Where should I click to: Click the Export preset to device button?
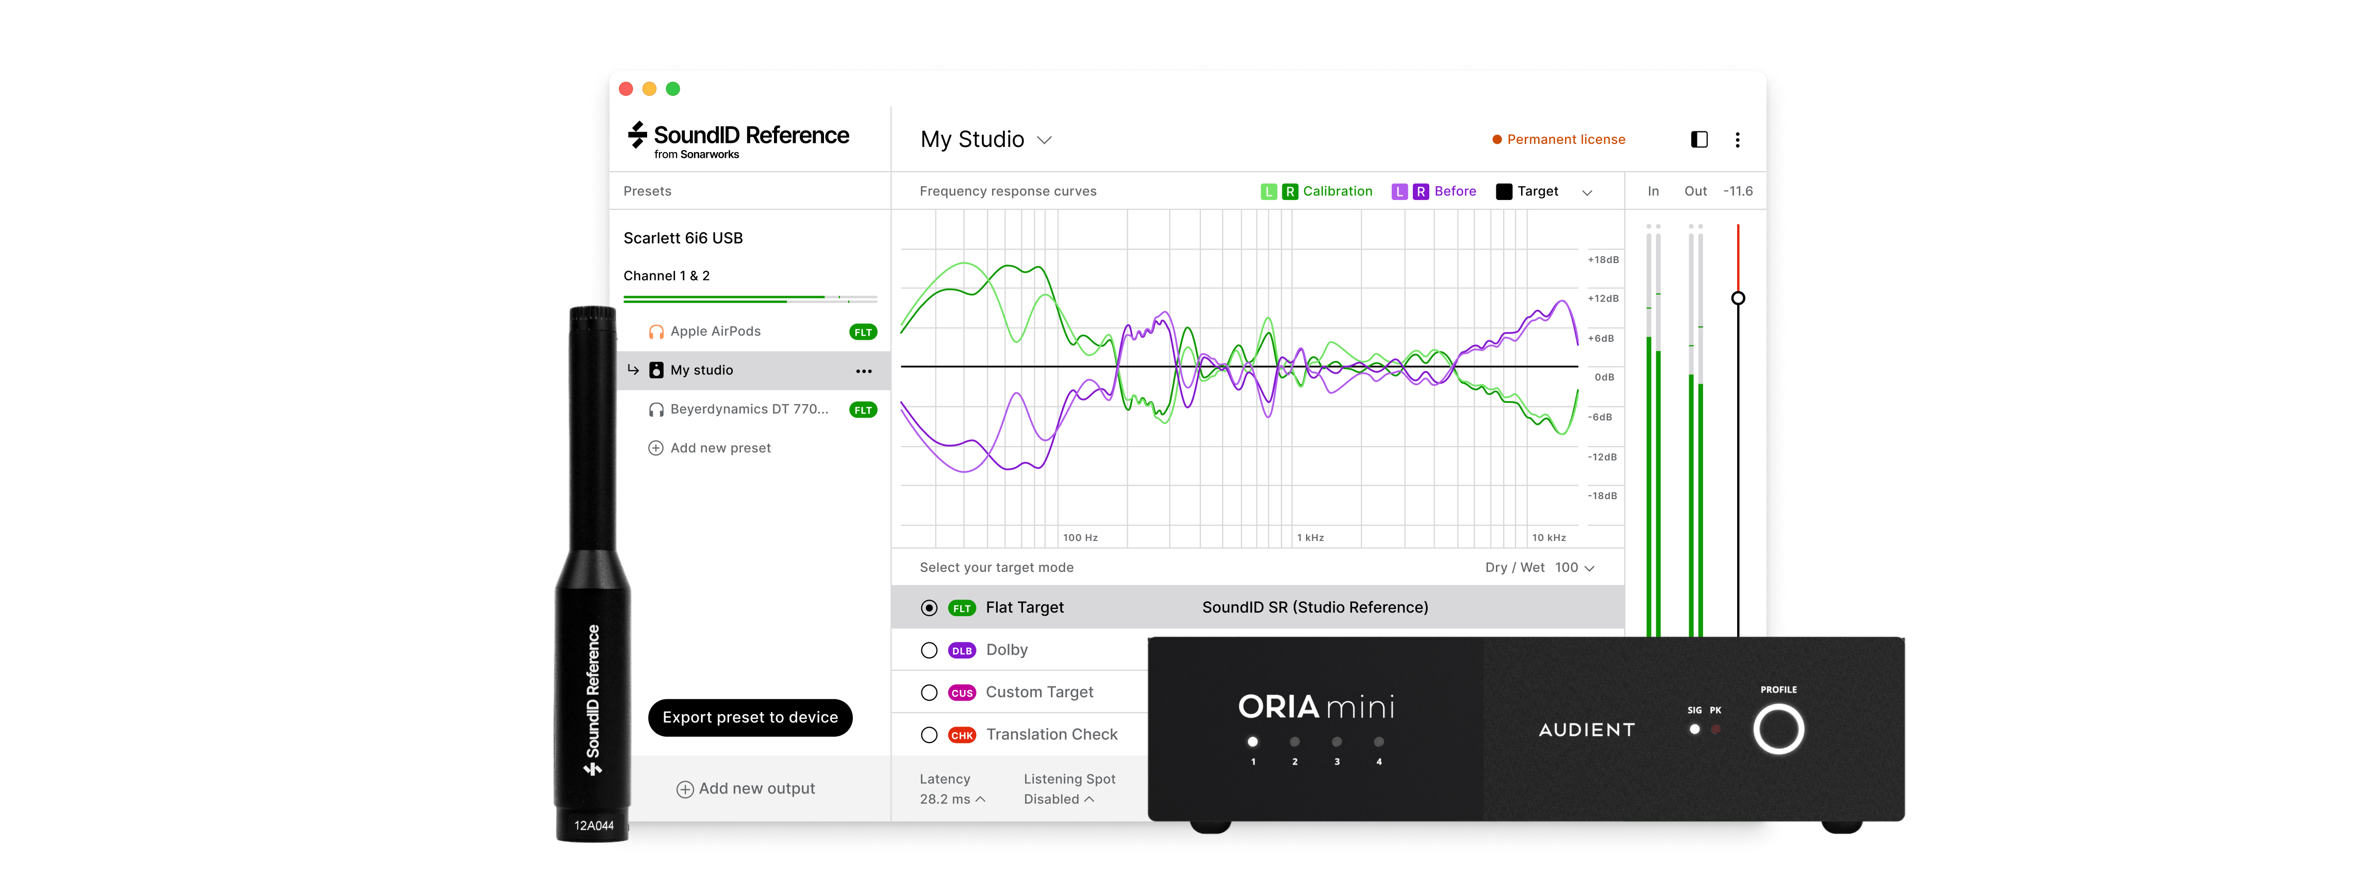(750, 718)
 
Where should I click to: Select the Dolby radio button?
(929, 650)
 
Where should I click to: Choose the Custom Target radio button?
(929, 692)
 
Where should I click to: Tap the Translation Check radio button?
(929, 735)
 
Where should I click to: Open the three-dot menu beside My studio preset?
(863, 371)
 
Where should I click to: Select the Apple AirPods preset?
(715, 331)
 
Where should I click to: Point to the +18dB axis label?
(1603, 260)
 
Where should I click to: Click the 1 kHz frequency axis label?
(1310, 538)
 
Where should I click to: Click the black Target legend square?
(1504, 192)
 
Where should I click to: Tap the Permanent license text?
(1565, 139)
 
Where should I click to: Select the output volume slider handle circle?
(1738, 298)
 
